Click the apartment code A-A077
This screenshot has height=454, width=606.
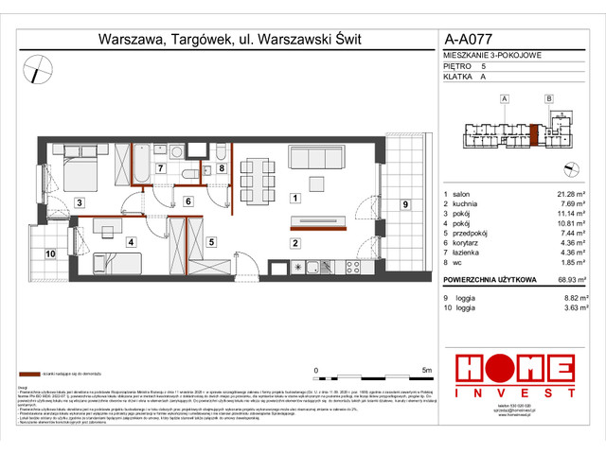pos(469,40)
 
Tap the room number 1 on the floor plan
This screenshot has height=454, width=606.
pos(296,198)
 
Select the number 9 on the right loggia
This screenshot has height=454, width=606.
pos(404,204)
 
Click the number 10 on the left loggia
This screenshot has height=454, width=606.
pos(49,253)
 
